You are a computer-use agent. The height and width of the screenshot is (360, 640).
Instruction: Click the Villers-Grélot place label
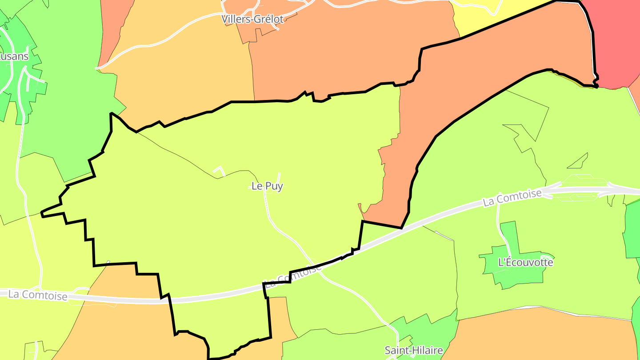253,19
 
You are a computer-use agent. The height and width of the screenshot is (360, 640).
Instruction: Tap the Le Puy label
267,186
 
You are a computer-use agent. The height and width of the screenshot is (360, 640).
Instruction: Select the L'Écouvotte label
526,262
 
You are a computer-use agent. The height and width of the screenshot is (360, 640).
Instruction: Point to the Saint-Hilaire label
414,350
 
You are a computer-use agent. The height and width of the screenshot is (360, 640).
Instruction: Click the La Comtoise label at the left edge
38,295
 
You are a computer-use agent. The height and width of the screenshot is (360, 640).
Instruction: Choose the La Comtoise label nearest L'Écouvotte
512,198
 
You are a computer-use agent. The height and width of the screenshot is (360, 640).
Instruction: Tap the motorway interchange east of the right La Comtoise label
582,189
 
